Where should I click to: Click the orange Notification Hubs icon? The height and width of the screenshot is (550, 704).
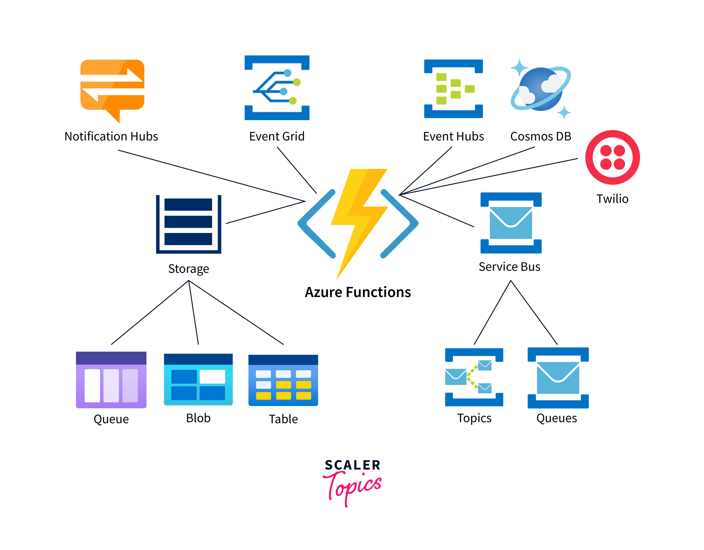tap(112, 89)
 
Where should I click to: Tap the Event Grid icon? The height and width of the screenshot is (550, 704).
tap(277, 87)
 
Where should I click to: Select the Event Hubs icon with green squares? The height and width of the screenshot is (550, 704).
tap(453, 89)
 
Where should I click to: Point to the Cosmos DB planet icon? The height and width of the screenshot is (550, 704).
tap(540, 89)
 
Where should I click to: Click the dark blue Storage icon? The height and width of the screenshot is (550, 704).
tap(189, 224)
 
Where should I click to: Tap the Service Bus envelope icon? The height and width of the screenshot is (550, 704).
tap(511, 223)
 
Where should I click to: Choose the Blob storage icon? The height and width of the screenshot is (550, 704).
tap(198, 379)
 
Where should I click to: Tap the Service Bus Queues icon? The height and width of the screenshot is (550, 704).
tap(558, 378)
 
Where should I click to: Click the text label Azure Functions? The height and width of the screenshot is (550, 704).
tap(358, 292)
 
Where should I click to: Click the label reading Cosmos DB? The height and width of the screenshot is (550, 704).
tap(540, 136)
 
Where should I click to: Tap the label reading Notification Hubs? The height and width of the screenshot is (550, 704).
tap(111, 136)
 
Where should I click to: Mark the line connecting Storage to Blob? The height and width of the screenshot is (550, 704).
tap(193, 312)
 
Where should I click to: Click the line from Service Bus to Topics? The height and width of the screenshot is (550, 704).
tap(492, 312)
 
